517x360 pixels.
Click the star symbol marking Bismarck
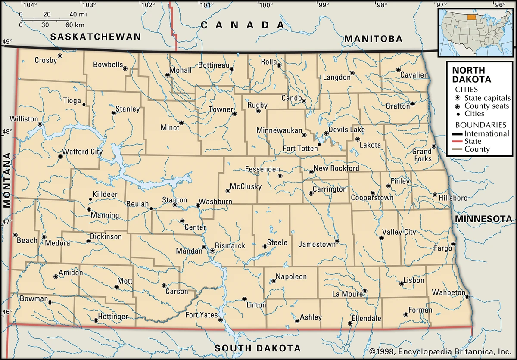pyautogui.click(x=212, y=250)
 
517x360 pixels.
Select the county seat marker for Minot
pyautogui.click(x=181, y=123)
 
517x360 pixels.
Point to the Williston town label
pyautogui.click(x=24, y=119)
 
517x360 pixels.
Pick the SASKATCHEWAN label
pyautogui.click(x=96, y=37)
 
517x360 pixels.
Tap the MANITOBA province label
pyautogui.click(x=373, y=39)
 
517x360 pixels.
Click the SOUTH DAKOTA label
pyautogui.click(x=258, y=348)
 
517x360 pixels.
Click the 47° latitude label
pyautogui.click(x=7, y=222)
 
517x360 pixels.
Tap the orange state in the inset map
pyautogui.click(x=472, y=18)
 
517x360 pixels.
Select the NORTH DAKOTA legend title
pyautogui.click(x=468, y=75)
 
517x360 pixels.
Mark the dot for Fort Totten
pyautogui.click(x=319, y=144)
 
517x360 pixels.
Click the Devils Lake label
pyautogui.click(x=346, y=130)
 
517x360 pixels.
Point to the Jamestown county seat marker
pyautogui.click(x=337, y=241)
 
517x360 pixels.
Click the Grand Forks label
pyautogui.click(x=422, y=155)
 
